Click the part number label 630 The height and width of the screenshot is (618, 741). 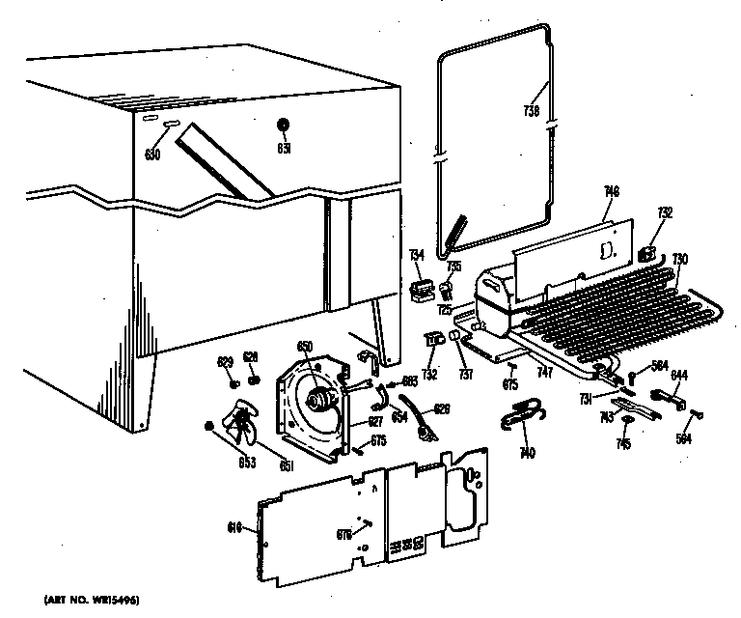click(152, 154)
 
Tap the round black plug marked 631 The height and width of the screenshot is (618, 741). click(284, 125)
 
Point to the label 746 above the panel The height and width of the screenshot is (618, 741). click(611, 192)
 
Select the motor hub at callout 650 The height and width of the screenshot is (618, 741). click(315, 397)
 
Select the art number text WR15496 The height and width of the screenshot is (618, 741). click(92, 602)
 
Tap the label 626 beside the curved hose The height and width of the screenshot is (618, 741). click(442, 408)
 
